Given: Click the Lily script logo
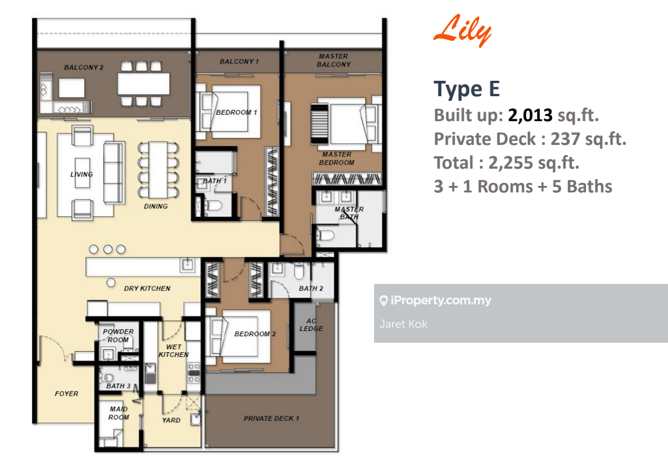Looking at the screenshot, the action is tap(463, 31).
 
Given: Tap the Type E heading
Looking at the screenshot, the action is tap(467, 89).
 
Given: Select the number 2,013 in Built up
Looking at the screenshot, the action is tap(530, 115).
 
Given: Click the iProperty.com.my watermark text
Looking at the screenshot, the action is tap(441, 301).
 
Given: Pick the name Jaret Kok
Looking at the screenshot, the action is tap(403, 324).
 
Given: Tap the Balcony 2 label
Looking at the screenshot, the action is tap(84, 67).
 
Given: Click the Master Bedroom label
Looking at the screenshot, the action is tap(337, 158).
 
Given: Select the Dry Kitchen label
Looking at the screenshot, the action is tap(147, 289).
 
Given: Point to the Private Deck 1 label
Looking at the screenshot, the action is tap(271, 419).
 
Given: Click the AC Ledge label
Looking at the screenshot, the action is tap(311, 325).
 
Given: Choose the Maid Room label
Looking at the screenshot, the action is tap(118, 413).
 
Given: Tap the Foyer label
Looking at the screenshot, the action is tap(67, 394).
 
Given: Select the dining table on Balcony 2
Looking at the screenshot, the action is tap(143, 84).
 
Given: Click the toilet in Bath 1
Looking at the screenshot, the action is tap(213, 206).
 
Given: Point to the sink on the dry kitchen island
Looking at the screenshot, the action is tap(187, 265).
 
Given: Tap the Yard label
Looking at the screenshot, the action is tap(171, 421).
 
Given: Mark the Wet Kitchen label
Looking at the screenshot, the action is tap(173, 351).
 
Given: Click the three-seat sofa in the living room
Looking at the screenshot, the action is tap(114, 173).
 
